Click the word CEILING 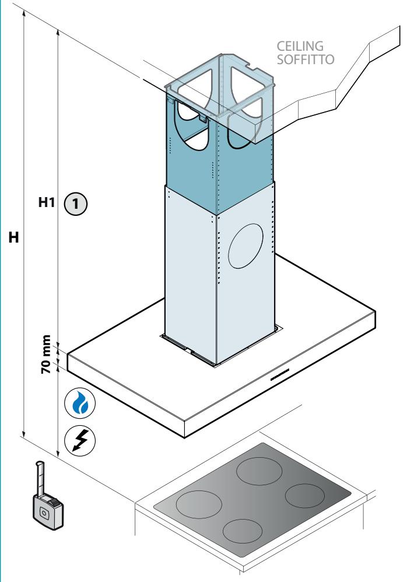coord(300,46)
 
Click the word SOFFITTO coord(306,59)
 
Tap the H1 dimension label coord(47,202)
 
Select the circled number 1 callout coord(76,204)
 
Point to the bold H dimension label coord(14,237)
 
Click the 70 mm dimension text coord(45,354)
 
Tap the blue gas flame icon coord(80,403)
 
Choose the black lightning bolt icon coord(80,441)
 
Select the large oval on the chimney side coord(245,246)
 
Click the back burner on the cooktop coord(258,471)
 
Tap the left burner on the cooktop coord(199,504)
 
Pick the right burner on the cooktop coord(305,496)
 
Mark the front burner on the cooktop coord(243,531)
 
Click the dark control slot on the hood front coord(280,374)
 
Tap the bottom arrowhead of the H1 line coord(58,454)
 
